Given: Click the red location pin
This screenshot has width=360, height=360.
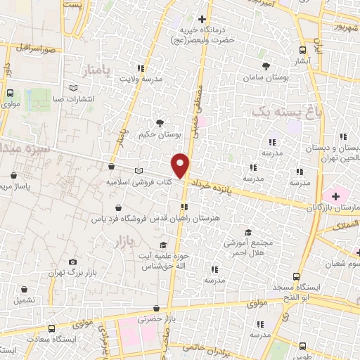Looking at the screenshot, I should click(x=181, y=165).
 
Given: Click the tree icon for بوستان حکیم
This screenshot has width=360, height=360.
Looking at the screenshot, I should click(x=160, y=121).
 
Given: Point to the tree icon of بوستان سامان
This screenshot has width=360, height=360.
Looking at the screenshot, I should click(x=264, y=65).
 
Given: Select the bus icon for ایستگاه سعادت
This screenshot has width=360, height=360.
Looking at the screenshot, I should click(x=51, y=328).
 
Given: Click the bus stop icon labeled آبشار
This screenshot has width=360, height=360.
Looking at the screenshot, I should click(x=303, y=50).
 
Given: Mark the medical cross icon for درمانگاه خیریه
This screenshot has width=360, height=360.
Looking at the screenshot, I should click(x=203, y=19).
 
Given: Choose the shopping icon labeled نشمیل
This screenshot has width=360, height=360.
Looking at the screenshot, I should click(x=25, y=289).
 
